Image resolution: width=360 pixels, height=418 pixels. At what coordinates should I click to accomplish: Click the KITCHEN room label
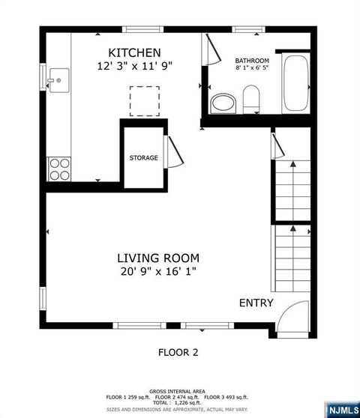click(134, 52)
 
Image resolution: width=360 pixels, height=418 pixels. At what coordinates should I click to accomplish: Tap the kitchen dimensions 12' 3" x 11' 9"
click(135, 66)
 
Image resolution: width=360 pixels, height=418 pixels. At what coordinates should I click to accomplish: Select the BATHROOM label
click(251, 60)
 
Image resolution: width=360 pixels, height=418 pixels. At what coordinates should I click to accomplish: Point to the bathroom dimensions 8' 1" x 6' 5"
click(251, 68)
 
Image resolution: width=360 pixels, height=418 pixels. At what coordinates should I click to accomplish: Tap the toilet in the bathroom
click(250, 97)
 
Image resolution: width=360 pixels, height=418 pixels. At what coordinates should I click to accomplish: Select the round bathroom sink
click(222, 102)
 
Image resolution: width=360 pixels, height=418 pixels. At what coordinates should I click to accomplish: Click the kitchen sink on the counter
click(58, 77)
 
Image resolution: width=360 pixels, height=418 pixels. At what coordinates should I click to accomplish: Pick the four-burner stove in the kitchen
click(58, 169)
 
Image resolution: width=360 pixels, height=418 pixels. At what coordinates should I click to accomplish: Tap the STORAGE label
click(143, 158)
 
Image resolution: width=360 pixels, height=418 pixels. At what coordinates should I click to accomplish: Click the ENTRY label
click(256, 303)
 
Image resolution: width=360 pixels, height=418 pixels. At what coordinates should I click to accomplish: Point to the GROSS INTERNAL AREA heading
click(178, 391)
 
